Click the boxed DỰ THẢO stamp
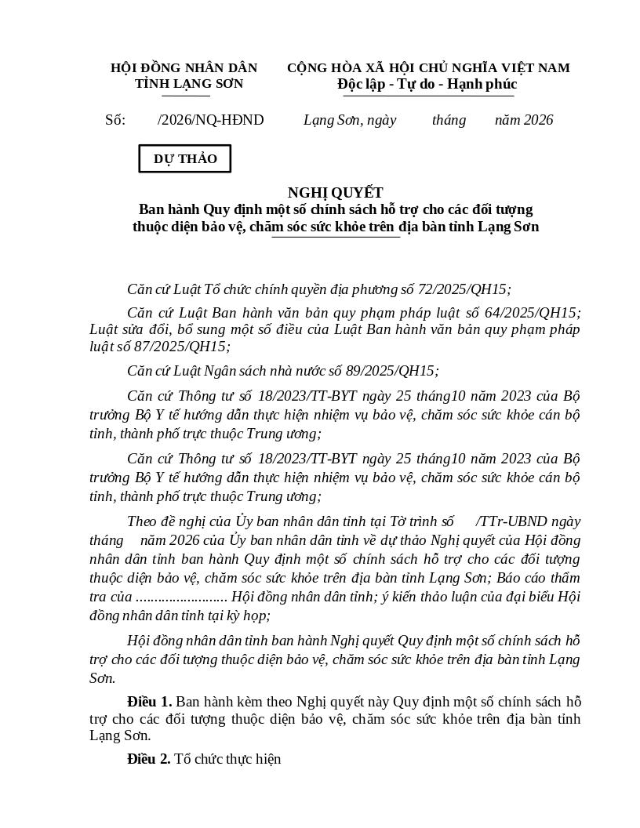(185, 158)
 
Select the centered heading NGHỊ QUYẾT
(335, 193)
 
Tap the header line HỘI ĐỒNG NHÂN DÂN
(184, 68)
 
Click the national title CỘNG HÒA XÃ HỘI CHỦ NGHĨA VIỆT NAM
(428, 68)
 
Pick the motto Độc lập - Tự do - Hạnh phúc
(427, 84)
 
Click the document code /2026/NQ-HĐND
(211, 120)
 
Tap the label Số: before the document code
(115, 120)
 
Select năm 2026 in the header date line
(524, 120)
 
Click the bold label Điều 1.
(149, 702)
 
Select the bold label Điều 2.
(149, 759)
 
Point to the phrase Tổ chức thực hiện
(227, 759)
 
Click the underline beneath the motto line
(428, 96)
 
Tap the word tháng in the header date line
(449, 120)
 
